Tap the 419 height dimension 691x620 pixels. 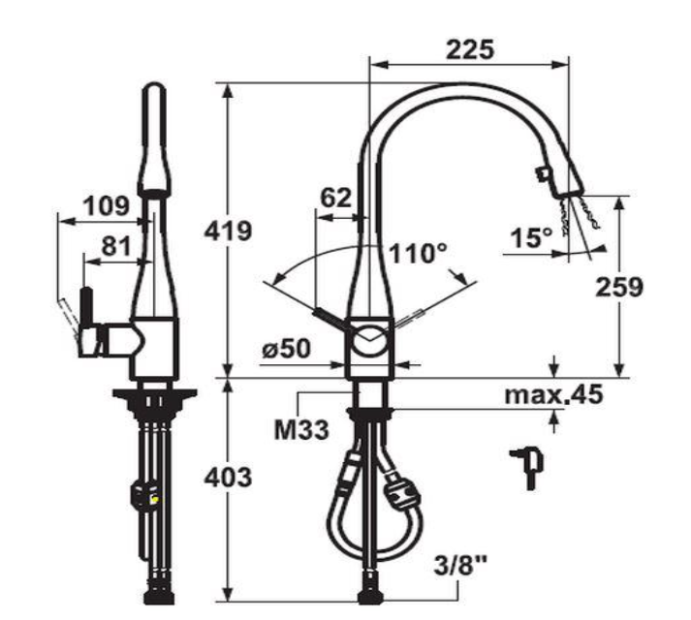point(228,231)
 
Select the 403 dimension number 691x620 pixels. point(228,478)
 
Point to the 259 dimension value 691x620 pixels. point(618,287)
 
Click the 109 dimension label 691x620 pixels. point(107,205)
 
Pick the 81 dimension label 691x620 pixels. point(116,246)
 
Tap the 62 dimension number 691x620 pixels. point(335,198)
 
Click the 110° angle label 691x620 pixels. point(419,254)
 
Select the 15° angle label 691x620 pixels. point(531,238)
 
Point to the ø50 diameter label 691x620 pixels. point(287,349)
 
